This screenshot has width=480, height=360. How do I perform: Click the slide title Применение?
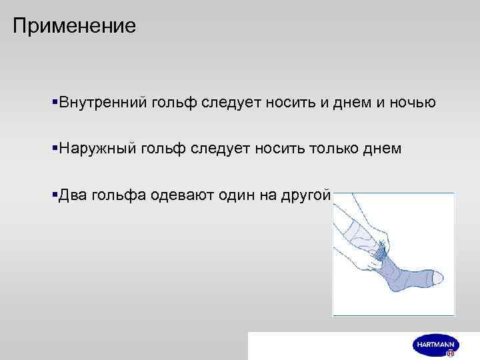tap(74, 26)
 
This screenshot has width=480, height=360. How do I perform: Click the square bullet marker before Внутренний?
tap(54, 102)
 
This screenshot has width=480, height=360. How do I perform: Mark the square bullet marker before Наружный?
tap(54, 148)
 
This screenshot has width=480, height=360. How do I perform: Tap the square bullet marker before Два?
tap(54, 194)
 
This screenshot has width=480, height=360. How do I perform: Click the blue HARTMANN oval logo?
tap(435, 344)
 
